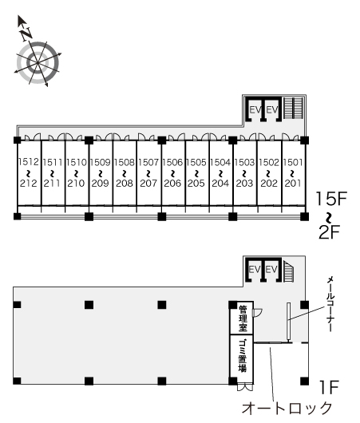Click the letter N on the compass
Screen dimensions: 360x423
[27, 34]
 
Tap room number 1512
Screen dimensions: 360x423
[29, 161]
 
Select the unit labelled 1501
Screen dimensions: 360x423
[293, 162]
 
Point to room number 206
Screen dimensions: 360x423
[172, 184]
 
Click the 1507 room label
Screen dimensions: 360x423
[148, 162]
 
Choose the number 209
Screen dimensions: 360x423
[100, 184]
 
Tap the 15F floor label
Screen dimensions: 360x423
[330, 198]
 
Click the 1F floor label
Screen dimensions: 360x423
[329, 387]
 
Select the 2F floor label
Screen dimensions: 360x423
[329, 232]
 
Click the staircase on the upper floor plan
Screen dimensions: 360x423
[293, 109]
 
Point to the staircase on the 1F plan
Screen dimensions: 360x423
[289, 271]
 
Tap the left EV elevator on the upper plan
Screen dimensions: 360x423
[255, 109]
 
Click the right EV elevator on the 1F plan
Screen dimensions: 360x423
[271, 270]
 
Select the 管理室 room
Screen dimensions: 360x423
[242, 318]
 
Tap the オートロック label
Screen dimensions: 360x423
[287, 408]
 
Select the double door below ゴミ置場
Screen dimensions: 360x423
[245, 387]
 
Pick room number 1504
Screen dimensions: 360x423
[220, 162]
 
